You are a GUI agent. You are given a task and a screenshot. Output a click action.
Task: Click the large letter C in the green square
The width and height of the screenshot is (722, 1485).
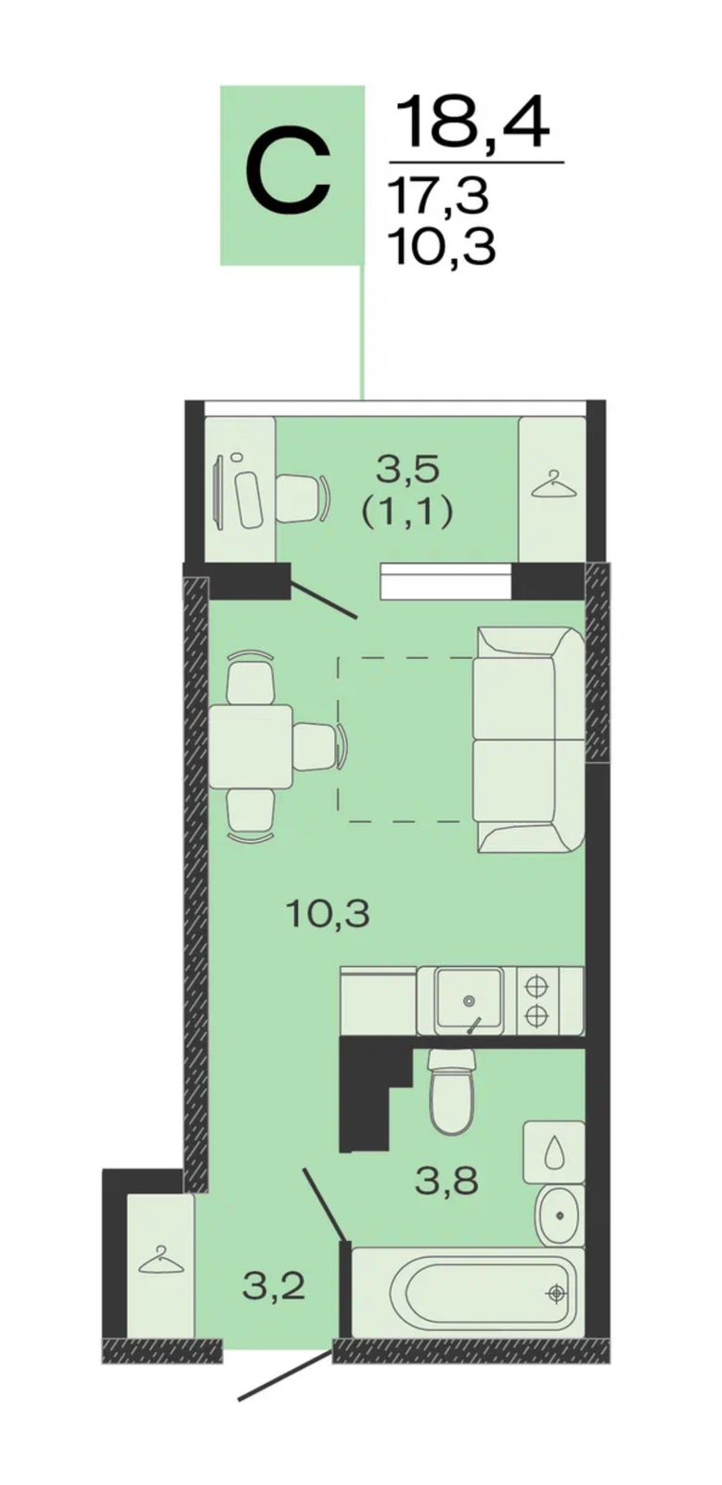click(x=288, y=175)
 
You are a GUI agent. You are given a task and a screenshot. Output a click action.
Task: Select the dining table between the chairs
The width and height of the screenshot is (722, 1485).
click(x=251, y=746)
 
